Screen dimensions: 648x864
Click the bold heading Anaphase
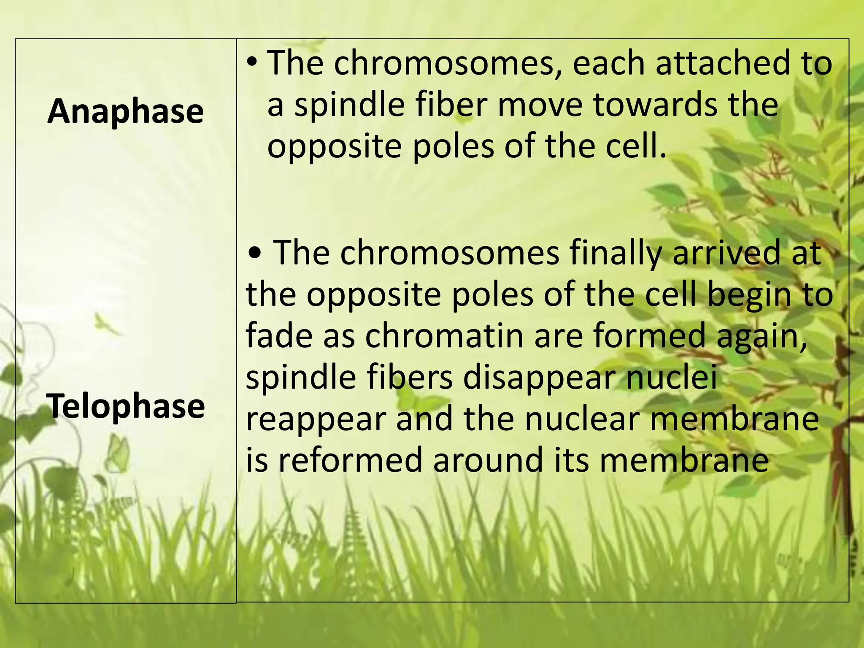click(x=126, y=112)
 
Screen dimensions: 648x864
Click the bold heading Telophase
click(x=126, y=406)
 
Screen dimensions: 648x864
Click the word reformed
click(x=351, y=460)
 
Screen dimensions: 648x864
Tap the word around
click(x=488, y=460)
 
